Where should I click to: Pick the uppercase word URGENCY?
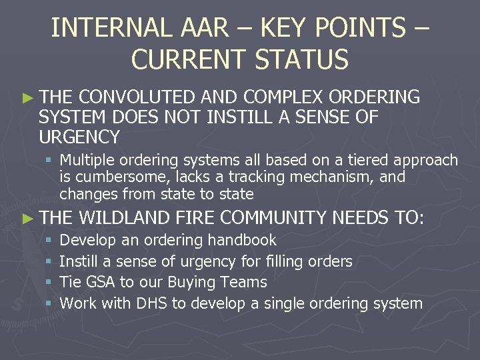[79, 137]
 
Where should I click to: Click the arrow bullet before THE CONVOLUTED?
[27, 98]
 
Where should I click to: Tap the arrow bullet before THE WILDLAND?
[27, 217]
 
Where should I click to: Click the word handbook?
[243, 240]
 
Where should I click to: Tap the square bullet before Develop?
[49, 240]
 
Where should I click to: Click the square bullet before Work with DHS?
[49, 304]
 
